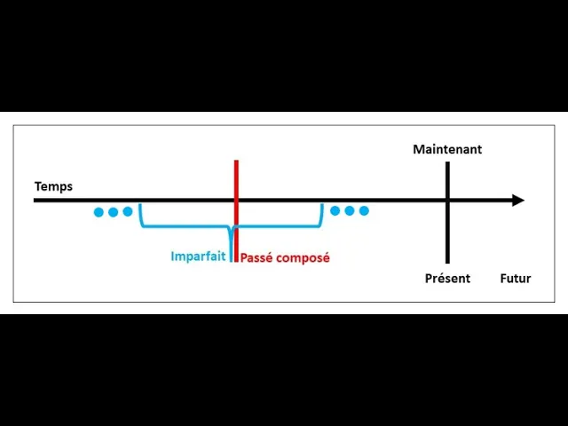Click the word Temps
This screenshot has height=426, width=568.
point(53,186)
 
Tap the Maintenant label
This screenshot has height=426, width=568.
point(447,149)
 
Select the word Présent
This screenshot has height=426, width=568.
point(447,278)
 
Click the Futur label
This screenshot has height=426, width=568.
point(515,278)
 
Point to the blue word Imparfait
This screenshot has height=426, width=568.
point(198,257)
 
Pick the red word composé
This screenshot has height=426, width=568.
point(304,258)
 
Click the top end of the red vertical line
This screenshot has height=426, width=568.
point(236,162)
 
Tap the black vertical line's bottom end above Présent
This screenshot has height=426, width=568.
point(447,261)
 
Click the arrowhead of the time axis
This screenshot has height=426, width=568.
point(519,201)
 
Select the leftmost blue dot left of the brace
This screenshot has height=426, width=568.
point(99,212)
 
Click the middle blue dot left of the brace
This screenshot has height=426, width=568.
point(113,212)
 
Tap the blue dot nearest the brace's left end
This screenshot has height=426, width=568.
point(127,212)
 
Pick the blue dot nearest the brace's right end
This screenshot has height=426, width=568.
point(335,211)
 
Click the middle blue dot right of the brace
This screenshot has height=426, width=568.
point(349,211)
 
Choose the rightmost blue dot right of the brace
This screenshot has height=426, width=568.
point(363,211)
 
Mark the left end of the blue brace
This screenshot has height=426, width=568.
point(140,207)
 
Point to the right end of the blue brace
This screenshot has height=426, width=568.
point(321,207)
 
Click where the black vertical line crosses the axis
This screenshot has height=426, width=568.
point(447,201)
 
